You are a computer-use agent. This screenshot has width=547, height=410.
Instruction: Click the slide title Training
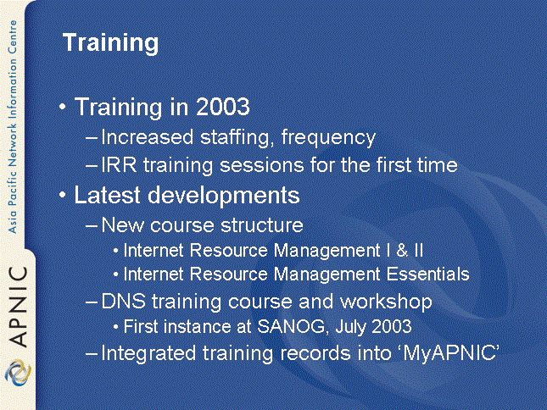(x=110, y=43)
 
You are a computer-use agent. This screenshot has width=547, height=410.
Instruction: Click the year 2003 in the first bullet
(x=222, y=106)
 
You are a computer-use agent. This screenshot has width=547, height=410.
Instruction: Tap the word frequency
(x=328, y=137)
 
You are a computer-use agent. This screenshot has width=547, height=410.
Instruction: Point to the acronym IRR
(x=119, y=165)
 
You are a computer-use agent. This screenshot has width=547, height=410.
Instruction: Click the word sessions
(x=262, y=165)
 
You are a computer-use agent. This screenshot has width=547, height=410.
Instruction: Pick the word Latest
(x=107, y=195)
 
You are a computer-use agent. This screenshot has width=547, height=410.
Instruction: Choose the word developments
(x=224, y=196)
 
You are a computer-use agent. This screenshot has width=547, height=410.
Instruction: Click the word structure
(x=262, y=225)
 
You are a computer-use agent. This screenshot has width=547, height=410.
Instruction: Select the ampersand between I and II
(x=402, y=251)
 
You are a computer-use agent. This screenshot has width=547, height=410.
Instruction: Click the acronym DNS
(x=123, y=301)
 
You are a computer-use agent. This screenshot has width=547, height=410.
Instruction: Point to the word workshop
(x=386, y=302)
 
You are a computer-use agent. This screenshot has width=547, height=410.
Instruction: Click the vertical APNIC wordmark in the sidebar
(x=18, y=306)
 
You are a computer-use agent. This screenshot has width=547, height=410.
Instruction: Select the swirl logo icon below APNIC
(x=18, y=373)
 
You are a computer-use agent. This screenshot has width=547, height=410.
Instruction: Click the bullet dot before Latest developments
(x=63, y=195)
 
